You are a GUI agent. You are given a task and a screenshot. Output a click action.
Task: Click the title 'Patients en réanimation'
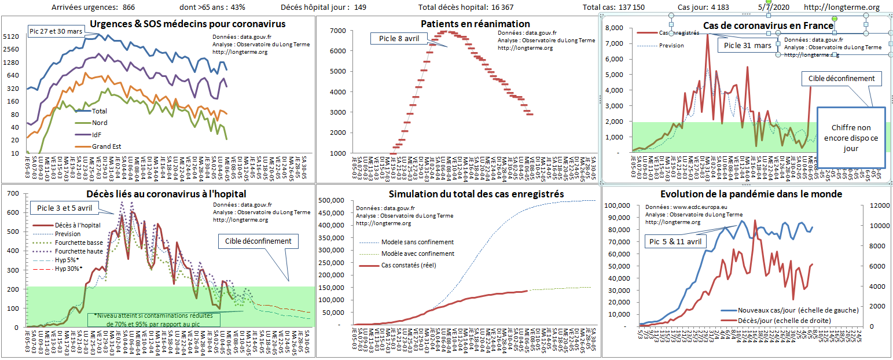(475, 24)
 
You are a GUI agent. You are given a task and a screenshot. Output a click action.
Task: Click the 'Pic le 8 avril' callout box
(399, 38)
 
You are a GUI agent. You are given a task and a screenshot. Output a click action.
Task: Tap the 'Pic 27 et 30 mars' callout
(55, 30)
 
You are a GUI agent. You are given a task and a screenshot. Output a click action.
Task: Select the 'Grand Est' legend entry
(106, 146)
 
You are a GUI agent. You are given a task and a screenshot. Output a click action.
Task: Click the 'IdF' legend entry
(98, 134)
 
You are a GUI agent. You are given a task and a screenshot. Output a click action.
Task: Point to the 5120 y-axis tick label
(12, 36)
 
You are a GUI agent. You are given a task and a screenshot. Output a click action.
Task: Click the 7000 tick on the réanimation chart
(337, 30)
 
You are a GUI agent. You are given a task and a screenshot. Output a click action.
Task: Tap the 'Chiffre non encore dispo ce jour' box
(851, 137)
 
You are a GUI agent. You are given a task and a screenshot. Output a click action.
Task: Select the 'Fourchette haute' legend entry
(79, 251)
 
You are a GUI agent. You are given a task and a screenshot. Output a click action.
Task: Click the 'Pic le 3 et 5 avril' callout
(60, 208)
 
